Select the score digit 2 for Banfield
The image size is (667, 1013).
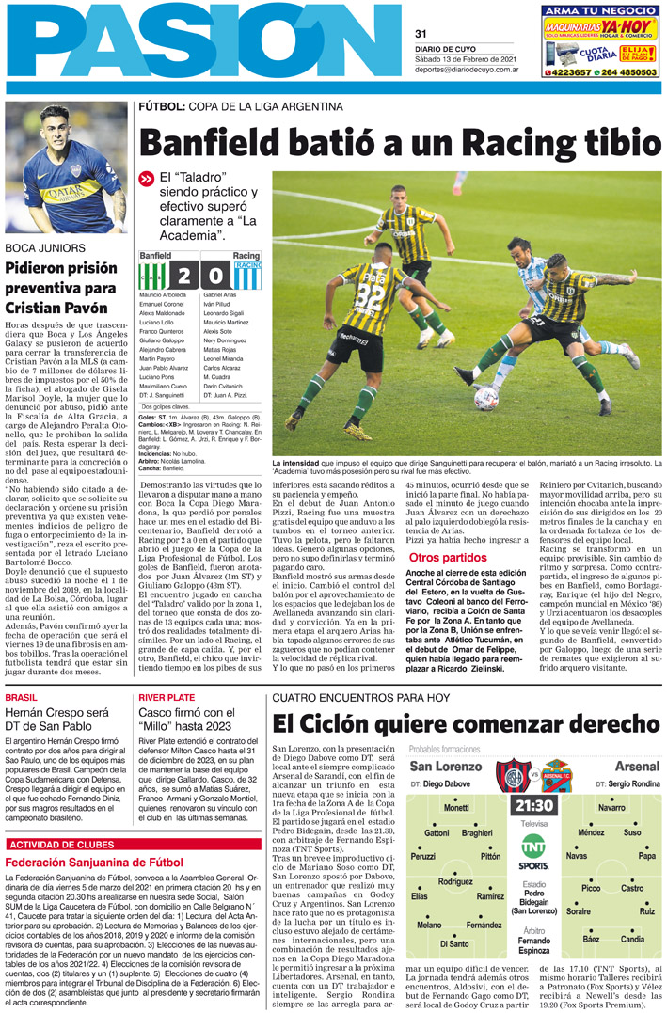[x=184, y=277]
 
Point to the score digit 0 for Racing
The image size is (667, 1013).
[x=217, y=277]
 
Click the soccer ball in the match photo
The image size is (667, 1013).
[x=485, y=399]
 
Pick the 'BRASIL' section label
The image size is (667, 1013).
[x=22, y=697]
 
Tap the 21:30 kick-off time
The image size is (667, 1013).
[x=533, y=806]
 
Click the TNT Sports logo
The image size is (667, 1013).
[x=533, y=855]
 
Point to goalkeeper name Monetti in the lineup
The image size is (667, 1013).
[x=455, y=808]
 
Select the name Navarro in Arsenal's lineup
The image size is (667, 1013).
[x=611, y=808]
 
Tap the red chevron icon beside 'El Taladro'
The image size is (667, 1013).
[x=146, y=179]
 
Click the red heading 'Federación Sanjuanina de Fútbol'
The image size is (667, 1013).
[x=94, y=863]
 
